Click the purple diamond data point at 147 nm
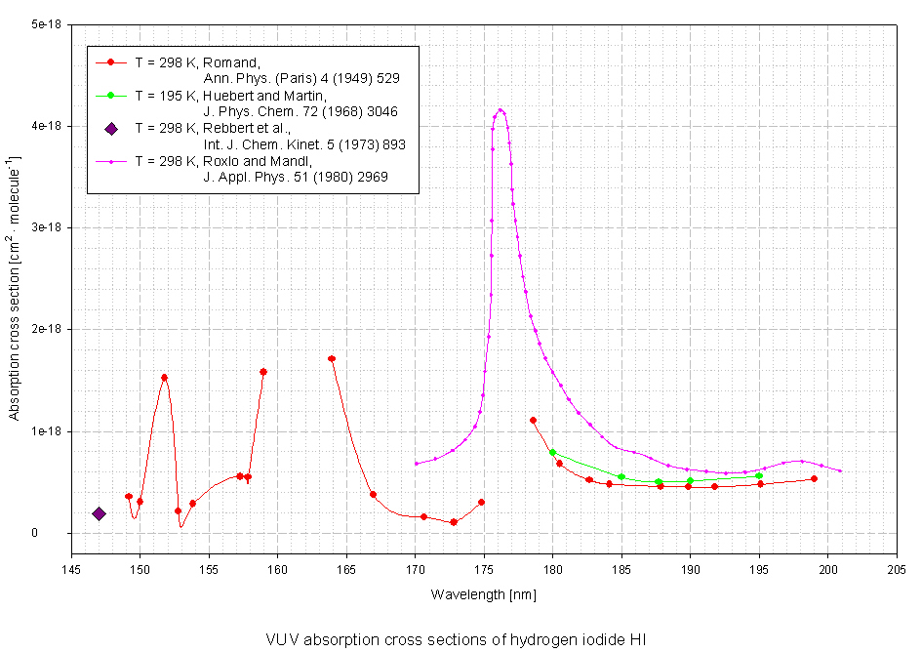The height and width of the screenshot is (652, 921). tap(99, 513)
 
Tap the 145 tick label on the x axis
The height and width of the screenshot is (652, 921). tap(71, 571)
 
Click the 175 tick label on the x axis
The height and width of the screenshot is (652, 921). tap(484, 571)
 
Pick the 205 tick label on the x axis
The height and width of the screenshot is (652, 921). tap(897, 571)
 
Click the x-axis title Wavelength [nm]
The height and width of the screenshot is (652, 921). tap(483, 593)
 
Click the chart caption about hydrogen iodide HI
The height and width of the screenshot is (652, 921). tap(456, 639)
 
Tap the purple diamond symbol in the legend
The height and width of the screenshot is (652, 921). tap(111, 129)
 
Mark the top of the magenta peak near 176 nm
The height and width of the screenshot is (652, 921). tap(501, 110)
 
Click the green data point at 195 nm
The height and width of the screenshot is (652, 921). tap(759, 476)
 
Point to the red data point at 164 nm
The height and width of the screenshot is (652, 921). tap(332, 359)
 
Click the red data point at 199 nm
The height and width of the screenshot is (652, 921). tap(814, 478)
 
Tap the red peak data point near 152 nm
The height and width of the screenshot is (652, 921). tap(164, 378)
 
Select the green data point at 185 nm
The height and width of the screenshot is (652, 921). tap(621, 476)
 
